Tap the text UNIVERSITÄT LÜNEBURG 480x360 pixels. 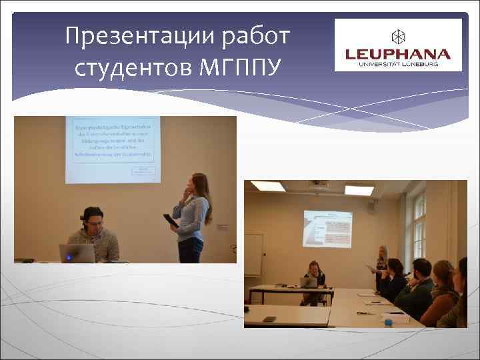click(x=398, y=64)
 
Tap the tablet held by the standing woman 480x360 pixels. click(x=170, y=220)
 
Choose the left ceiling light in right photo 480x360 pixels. click(x=268, y=186)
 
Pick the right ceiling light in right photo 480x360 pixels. click(x=358, y=190)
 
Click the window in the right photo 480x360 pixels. click(x=418, y=227)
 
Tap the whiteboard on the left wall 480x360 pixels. click(x=253, y=254)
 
